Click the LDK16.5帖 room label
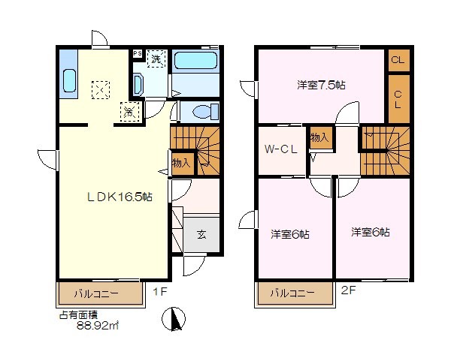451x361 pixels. pyautogui.click(x=120, y=197)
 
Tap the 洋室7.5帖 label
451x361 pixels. pyautogui.click(x=321, y=86)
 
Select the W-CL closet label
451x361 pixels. pyautogui.click(x=280, y=149)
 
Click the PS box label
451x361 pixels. pyautogui.click(x=138, y=53)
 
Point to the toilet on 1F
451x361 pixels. pyautogui.click(x=205, y=111)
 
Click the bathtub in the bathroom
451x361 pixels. pyautogui.click(x=195, y=60)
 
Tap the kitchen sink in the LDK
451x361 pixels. pyautogui.click(x=70, y=81)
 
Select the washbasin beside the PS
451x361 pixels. pyautogui.click(x=138, y=85)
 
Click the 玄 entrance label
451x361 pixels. pyautogui.click(x=201, y=234)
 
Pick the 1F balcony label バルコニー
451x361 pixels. pyautogui.click(x=96, y=293)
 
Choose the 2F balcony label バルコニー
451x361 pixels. pyautogui.click(x=292, y=293)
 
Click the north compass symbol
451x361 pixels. pyautogui.click(x=174, y=319)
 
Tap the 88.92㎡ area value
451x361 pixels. pyautogui.click(x=98, y=326)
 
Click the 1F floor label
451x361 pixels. pyautogui.click(x=160, y=292)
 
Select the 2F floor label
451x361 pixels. pyautogui.click(x=348, y=290)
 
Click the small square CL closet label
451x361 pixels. pyautogui.click(x=398, y=60)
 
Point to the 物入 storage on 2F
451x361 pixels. pyautogui.click(x=319, y=137)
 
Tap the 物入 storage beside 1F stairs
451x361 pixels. pyautogui.click(x=181, y=163)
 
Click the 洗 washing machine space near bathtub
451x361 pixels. pyautogui.click(x=156, y=59)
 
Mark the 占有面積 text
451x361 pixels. pyautogui.click(x=78, y=315)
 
